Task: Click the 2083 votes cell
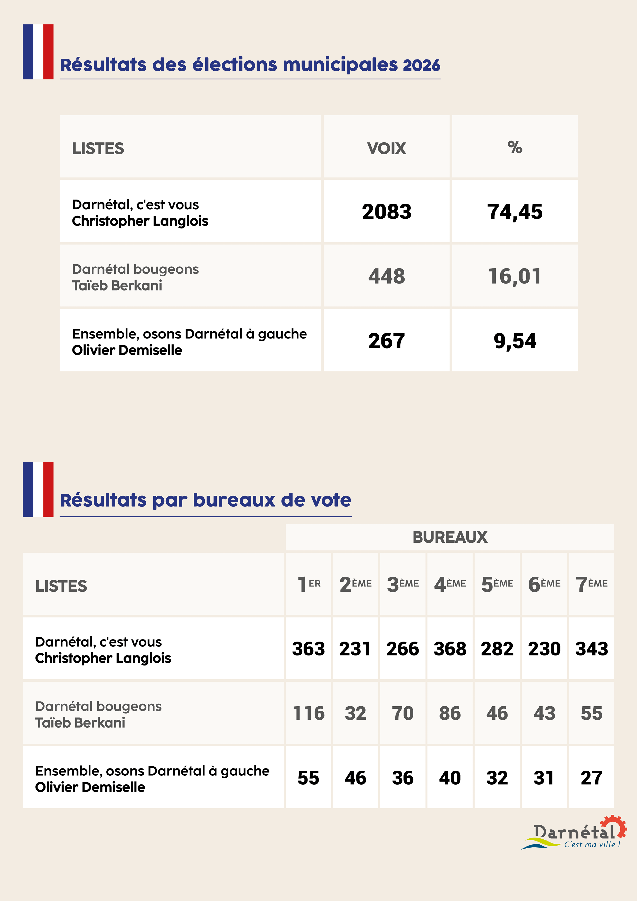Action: coord(386,212)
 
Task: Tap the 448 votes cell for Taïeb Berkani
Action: coord(386,276)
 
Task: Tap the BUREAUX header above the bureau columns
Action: coord(450,537)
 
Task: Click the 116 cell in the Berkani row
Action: coord(308,713)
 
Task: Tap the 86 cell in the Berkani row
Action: coord(450,713)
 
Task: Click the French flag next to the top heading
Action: coord(38,52)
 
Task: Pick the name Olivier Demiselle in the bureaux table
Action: coord(90,787)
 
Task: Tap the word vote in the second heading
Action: coord(331,500)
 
